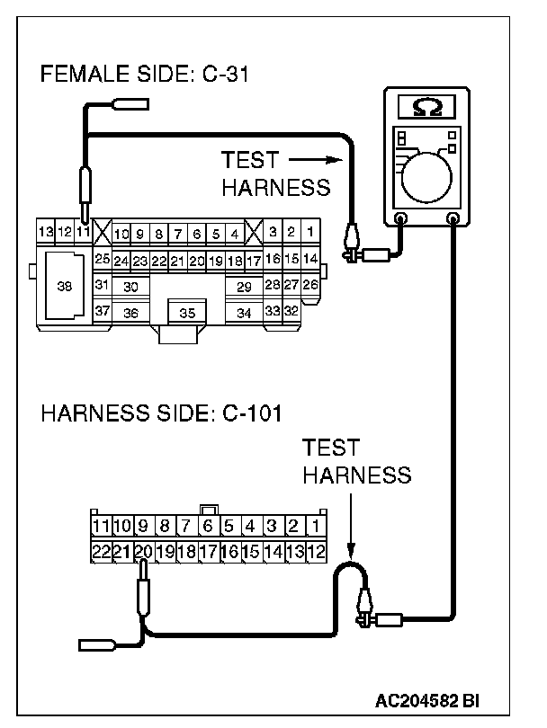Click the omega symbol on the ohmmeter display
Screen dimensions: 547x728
[x=426, y=107]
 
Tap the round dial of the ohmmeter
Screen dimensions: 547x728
[x=429, y=174]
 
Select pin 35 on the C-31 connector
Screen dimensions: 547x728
[x=187, y=314]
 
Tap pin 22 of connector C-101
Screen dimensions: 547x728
[x=100, y=551]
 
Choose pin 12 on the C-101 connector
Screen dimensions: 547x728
[x=316, y=551]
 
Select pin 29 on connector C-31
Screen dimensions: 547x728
[x=243, y=287]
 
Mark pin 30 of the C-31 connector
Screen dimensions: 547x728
[x=131, y=287]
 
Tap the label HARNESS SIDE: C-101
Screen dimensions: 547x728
[x=162, y=414]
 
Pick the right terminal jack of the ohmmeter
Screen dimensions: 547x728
[x=453, y=218]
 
